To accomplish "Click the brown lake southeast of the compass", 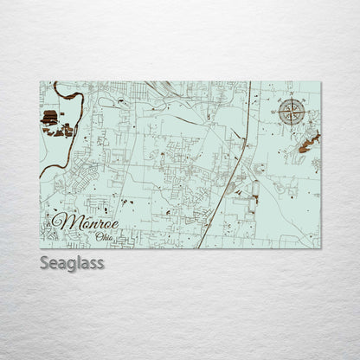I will pos(308,142).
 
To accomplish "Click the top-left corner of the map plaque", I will pos(40,82).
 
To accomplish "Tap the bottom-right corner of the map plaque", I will pos(319,247).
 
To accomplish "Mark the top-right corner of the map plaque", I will pos(319,82).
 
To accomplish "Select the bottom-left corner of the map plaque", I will pos(40,247).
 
